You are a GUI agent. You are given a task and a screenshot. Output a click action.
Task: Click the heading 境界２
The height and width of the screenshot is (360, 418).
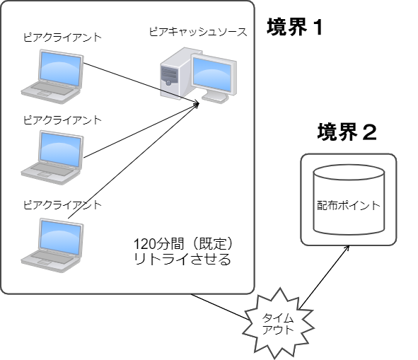point(347,132)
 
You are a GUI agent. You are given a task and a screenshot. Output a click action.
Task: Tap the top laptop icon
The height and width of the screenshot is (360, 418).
point(52,71)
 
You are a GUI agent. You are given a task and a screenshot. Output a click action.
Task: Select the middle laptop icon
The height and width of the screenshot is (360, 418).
point(52,153)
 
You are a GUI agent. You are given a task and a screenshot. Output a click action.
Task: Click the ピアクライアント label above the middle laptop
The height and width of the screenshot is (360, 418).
point(62,120)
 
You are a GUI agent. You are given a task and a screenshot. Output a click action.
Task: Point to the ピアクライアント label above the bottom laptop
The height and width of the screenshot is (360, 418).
point(62,205)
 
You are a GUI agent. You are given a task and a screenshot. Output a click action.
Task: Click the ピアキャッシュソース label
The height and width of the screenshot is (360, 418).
point(197,33)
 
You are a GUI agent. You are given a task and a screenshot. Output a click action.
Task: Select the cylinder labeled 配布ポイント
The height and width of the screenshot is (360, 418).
point(349,200)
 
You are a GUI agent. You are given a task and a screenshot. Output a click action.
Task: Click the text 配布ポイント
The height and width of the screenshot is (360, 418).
point(349,206)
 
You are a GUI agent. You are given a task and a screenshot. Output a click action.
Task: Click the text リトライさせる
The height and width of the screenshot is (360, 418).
point(182,260)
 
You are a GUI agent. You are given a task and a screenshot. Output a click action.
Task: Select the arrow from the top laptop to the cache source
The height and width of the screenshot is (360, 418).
point(141,83)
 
